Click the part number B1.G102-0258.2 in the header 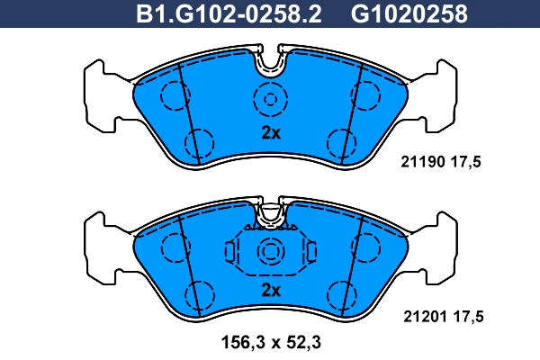(229, 13)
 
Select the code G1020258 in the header (409, 13)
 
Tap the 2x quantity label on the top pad (271, 132)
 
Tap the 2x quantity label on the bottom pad (271, 291)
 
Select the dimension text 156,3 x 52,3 (271, 342)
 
